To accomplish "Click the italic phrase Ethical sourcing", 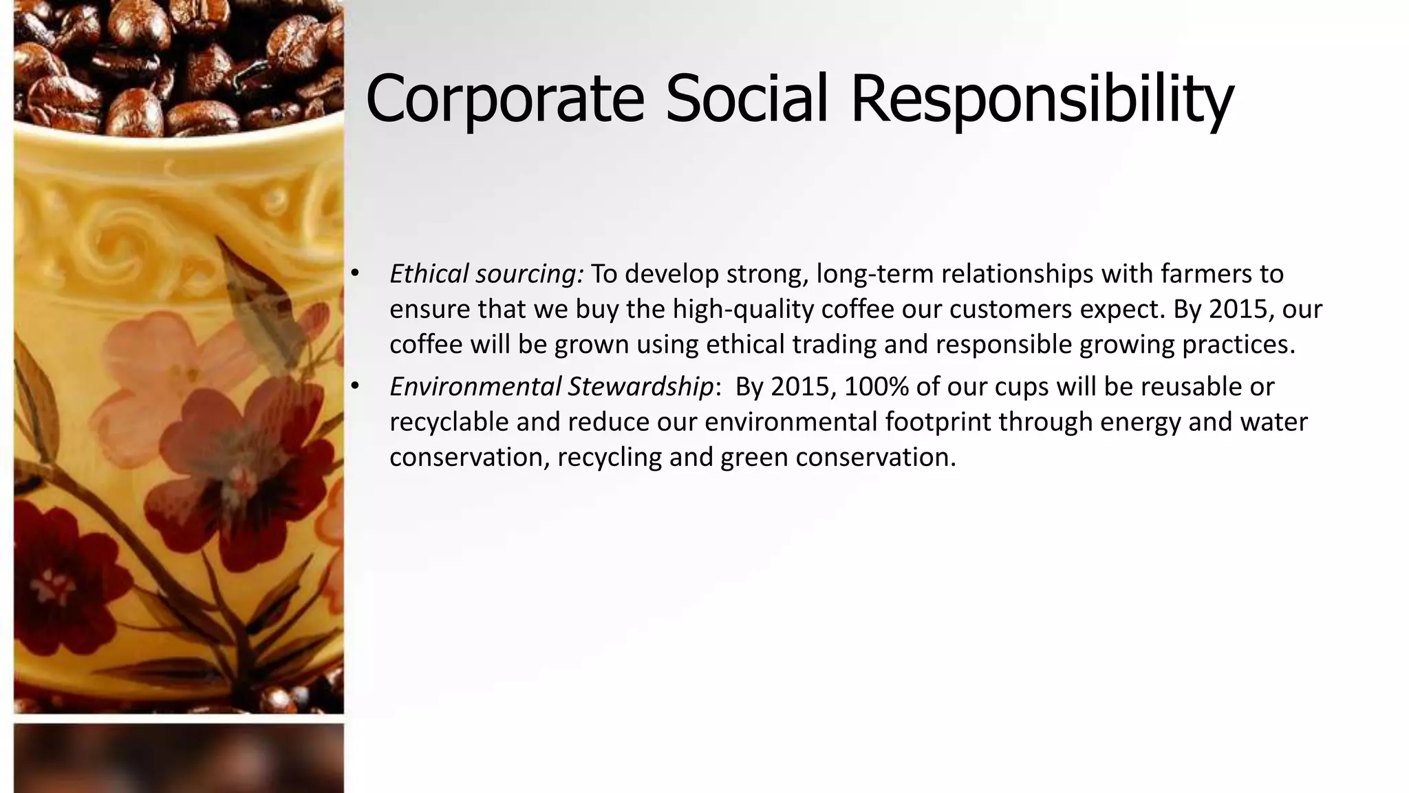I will (x=486, y=274).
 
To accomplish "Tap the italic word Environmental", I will (x=475, y=387).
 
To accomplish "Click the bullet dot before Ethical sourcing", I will (x=355, y=274).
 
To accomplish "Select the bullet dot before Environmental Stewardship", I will (x=355, y=387).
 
